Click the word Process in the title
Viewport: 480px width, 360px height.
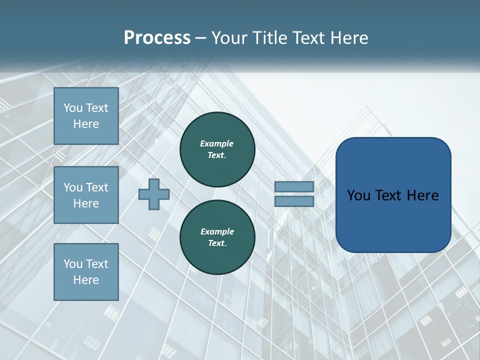tap(157, 38)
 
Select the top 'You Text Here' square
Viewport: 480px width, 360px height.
tap(86, 116)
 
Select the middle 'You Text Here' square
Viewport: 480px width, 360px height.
tap(86, 195)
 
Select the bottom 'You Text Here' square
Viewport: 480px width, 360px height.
tap(86, 271)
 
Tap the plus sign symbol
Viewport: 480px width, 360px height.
tap(154, 194)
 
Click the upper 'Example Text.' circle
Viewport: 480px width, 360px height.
tap(217, 149)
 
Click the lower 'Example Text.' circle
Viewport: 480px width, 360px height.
tap(217, 237)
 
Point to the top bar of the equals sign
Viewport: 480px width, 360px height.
tap(294, 187)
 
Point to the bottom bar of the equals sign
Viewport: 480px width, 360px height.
tap(294, 201)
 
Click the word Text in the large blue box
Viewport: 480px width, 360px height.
tap(392, 195)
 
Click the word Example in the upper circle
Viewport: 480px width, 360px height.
tap(217, 143)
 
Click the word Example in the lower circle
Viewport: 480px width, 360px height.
tap(217, 231)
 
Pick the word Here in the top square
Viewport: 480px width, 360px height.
tap(86, 124)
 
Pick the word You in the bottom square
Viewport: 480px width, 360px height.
tap(73, 264)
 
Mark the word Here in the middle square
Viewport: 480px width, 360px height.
tap(86, 203)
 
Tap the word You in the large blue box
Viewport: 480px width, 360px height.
tap(358, 195)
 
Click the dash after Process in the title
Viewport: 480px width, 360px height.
tap(201, 38)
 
